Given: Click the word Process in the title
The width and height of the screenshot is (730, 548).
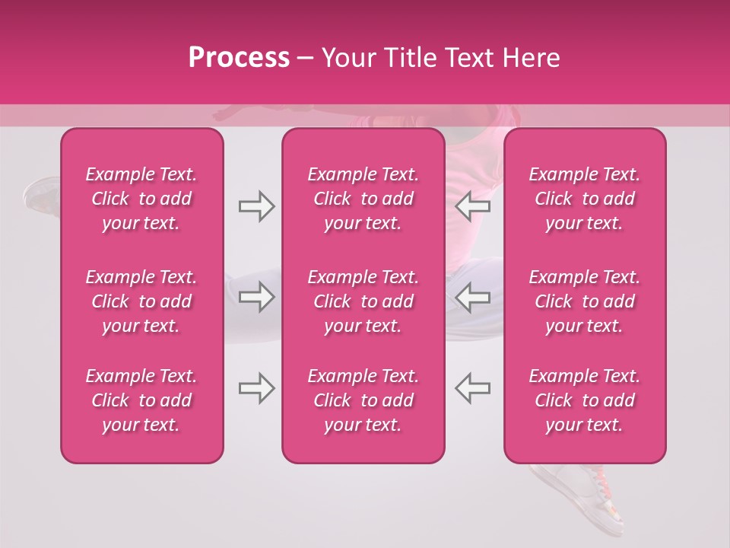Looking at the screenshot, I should coord(239,58).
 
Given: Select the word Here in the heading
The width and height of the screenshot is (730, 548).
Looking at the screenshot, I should coord(531,58).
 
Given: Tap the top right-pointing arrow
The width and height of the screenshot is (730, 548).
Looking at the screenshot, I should coord(256,206).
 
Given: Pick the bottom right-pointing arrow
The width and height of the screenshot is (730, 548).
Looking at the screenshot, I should coord(256,388).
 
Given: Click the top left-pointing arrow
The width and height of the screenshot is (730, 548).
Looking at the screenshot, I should coord(472,206).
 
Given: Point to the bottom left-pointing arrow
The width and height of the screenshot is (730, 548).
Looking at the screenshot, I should coord(472,388).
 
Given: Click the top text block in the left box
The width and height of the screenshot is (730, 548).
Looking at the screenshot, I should coord(141,199).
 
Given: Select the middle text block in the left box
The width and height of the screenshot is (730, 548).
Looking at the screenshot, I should coord(141,301).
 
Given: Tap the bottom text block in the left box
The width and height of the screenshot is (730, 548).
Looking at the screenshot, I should coord(141,400).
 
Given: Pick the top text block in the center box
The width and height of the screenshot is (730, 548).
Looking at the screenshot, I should coord(363,199).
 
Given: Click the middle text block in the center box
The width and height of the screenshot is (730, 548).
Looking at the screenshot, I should coord(363,301).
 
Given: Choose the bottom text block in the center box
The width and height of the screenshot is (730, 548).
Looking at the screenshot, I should coord(363,400).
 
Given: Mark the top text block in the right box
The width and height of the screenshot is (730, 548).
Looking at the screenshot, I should coord(585,199).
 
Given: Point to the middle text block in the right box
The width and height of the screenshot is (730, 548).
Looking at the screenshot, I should coord(585,301).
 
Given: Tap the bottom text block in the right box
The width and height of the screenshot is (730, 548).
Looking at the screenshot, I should coord(585,400).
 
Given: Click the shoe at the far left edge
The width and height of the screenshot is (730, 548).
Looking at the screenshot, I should coord(42,195).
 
